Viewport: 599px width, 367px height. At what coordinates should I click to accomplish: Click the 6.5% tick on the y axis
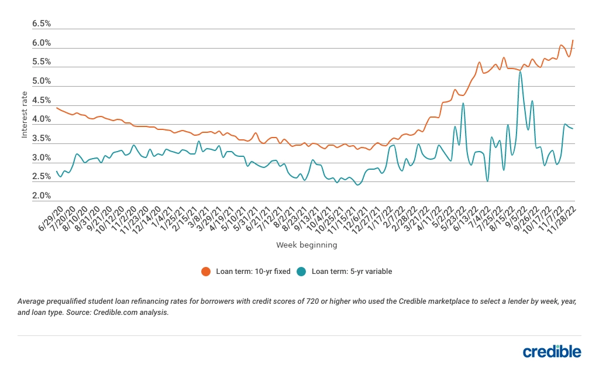(42, 24)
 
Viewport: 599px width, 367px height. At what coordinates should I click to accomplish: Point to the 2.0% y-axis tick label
(42, 196)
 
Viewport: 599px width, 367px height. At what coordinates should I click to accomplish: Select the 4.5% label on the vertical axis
(42, 101)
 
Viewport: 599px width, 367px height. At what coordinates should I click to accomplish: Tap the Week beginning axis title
(307, 245)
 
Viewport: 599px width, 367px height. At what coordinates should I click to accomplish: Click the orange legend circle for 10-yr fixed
(205, 271)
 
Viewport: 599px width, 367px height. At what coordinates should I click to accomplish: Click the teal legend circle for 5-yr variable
(301, 271)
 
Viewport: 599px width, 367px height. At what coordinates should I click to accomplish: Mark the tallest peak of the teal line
(520, 72)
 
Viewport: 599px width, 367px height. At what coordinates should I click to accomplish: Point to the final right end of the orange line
(573, 40)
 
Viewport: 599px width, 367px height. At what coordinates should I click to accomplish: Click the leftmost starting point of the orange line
(56, 108)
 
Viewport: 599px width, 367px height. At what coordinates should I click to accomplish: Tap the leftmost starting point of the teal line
(56, 172)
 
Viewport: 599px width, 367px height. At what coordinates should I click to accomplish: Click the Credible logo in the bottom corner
(552, 351)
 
